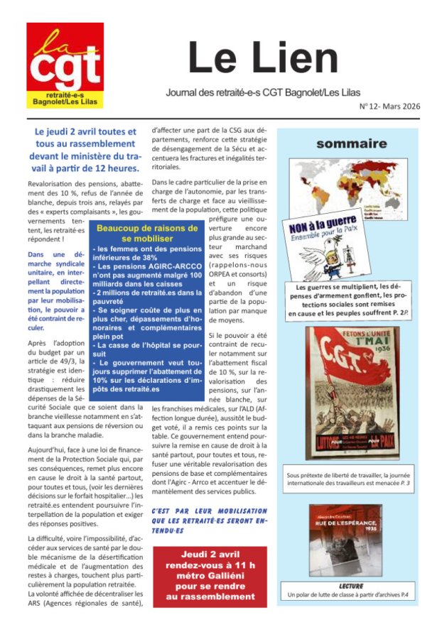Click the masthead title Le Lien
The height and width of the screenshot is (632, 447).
pos(263,58)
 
